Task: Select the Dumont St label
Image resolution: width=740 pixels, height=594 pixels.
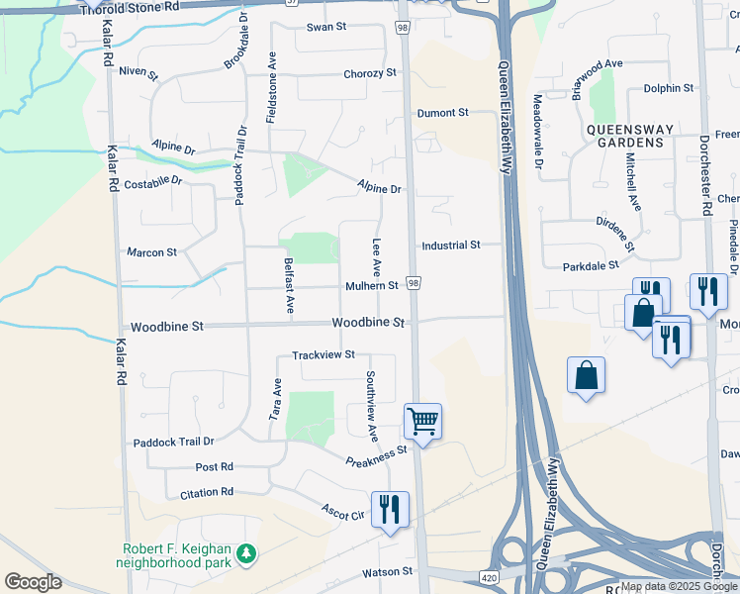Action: (442, 113)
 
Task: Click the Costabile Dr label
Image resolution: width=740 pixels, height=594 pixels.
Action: (155, 181)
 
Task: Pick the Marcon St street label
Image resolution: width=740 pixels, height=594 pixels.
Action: (151, 252)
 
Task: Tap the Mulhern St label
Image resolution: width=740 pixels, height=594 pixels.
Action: (371, 286)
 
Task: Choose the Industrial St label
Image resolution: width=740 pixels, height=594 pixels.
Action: (450, 245)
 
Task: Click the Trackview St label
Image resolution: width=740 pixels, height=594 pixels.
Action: (323, 354)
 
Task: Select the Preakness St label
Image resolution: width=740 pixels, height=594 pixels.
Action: (376, 455)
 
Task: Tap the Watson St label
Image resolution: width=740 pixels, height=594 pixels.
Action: (387, 571)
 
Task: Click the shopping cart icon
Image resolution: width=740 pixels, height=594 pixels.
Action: (422, 422)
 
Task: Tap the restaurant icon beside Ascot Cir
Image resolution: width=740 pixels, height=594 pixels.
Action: (390, 509)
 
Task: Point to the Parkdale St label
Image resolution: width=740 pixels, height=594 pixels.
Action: (590, 265)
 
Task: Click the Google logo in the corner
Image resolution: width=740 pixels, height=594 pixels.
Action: (34, 582)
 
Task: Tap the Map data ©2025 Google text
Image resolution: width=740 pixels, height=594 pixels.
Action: (679, 586)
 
